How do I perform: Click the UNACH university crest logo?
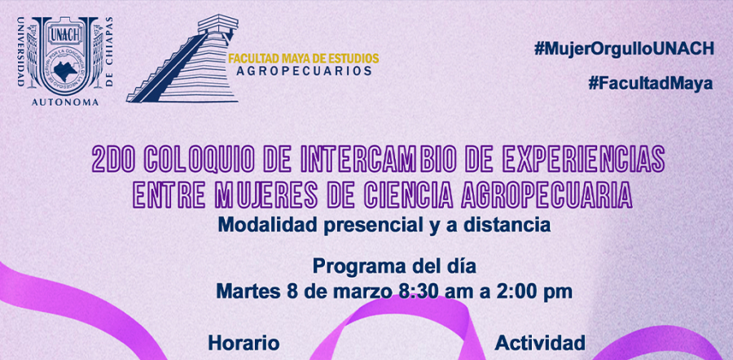pos(65,61)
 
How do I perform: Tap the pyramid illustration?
pos(182,59)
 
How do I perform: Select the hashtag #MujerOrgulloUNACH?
pos(624,49)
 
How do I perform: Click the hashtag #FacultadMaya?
pos(651,84)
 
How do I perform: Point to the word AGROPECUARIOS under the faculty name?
pos(304,71)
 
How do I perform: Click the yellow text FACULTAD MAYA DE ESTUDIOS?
pos(304,59)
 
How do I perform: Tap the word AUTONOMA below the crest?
pos(65,102)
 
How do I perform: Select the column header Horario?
pos(244,343)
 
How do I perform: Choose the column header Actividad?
pos(540,343)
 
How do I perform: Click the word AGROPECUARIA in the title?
pos(546,196)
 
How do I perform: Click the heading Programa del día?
pos(394,267)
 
